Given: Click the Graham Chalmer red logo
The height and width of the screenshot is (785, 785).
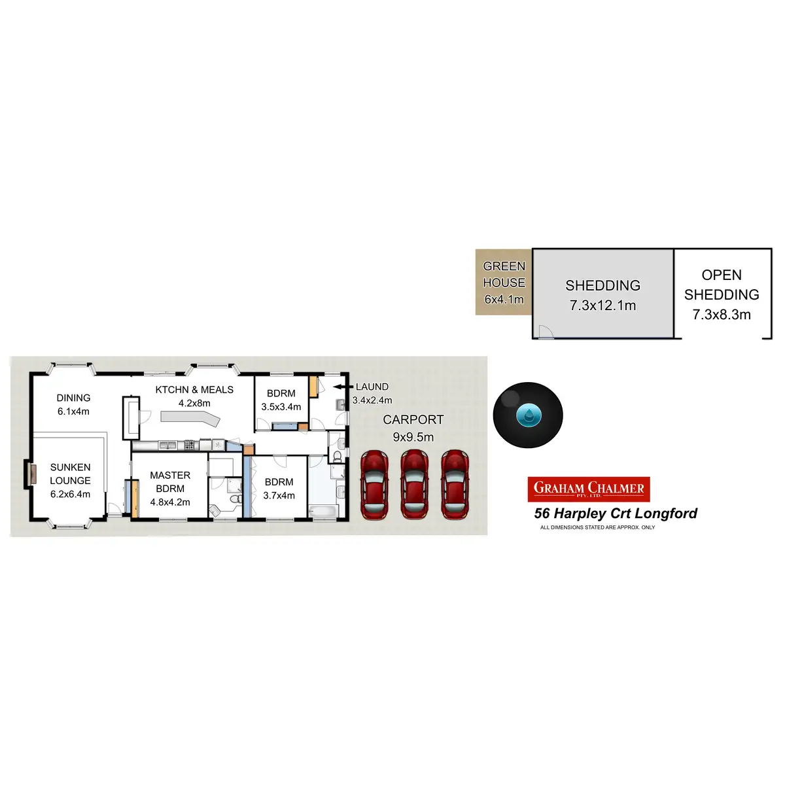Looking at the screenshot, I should click(x=589, y=489).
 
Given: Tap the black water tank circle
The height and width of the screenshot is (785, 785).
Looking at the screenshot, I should click(x=528, y=415).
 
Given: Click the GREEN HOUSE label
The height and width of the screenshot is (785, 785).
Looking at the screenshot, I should click(x=504, y=275).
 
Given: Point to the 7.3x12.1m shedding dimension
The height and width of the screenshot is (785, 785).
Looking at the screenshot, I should click(x=602, y=305).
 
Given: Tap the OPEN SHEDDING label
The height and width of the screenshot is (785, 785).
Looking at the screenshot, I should click(x=722, y=285).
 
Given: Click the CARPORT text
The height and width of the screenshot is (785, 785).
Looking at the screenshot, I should click(x=413, y=420).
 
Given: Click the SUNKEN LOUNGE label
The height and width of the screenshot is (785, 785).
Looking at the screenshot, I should click(x=70, y=474).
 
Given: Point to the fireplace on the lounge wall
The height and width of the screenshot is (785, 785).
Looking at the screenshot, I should click(x=29, y=474).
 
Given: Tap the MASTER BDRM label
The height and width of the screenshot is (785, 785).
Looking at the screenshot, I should click(x=170, y=481).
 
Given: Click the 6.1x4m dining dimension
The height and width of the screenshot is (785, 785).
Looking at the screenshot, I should click(x=73, y=411).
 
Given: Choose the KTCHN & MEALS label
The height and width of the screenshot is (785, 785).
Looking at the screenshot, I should click(x=194, y=390).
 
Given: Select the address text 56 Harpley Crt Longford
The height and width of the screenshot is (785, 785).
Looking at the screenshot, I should click(x=616, y=514).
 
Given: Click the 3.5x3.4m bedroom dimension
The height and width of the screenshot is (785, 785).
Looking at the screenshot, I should click(x=281, y=407).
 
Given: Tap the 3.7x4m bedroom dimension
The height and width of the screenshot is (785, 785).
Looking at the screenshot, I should click(x=279, y=496).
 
